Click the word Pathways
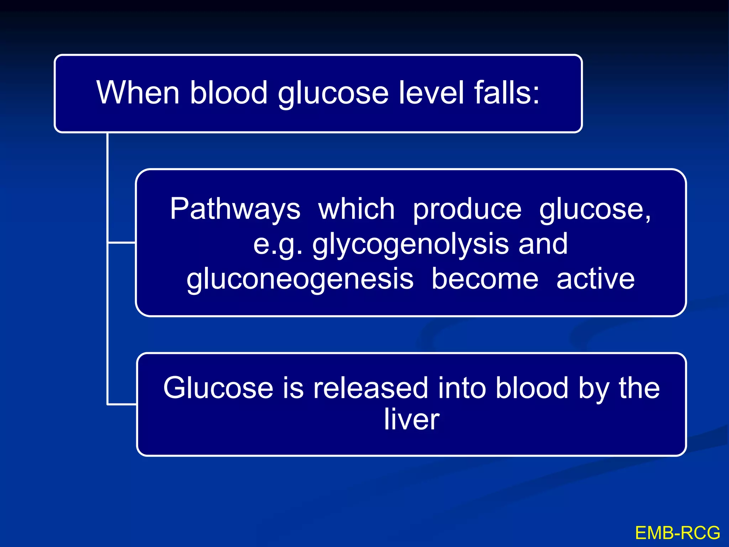click(235, 209)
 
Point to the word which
click(356, 209)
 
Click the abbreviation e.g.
click(278, 245)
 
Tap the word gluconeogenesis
click(300, 280)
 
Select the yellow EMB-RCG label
click(677, 533)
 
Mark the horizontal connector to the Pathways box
click(122, 243)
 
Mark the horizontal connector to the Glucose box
click(122, 404)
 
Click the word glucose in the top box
click(333, 93)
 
